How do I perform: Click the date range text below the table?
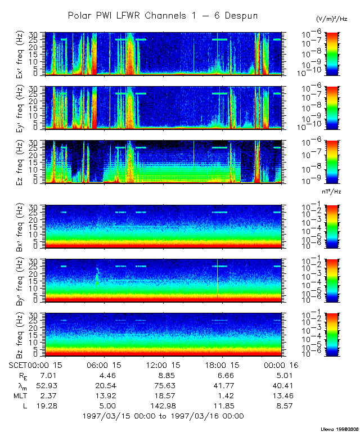point(163,416)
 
